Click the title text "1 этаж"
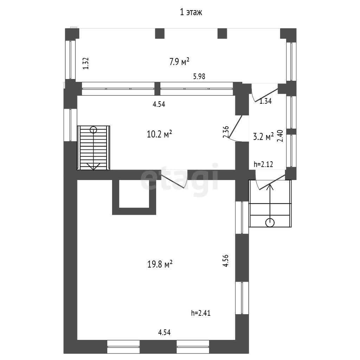(x=191, y=12)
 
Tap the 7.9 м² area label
(x=179, y=62)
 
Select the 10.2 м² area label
(x=159, y=134)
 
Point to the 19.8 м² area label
(x=160, y=264)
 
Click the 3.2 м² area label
(x=263, y=137)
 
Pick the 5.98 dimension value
(x=199, y=76)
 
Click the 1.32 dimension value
(x=86, y=63)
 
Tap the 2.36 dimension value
(x=226, y=132)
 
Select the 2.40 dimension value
(x=280, y=136)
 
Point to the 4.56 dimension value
(x=226, y=261)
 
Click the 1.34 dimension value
(x=265, y=101)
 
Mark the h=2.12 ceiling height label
(x=263, y=164)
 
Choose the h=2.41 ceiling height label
(x=201, y=313)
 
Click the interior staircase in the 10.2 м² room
(x=94, y=148)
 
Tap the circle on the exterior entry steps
(x=270, y=223)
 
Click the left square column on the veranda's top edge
(x=160, y=33)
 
